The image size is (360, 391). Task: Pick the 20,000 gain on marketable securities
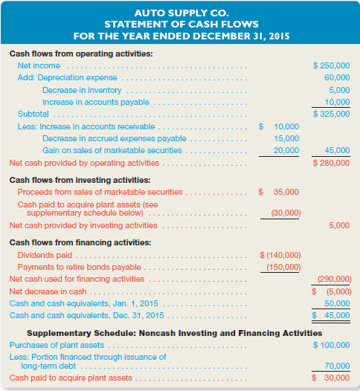coord(286,150)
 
